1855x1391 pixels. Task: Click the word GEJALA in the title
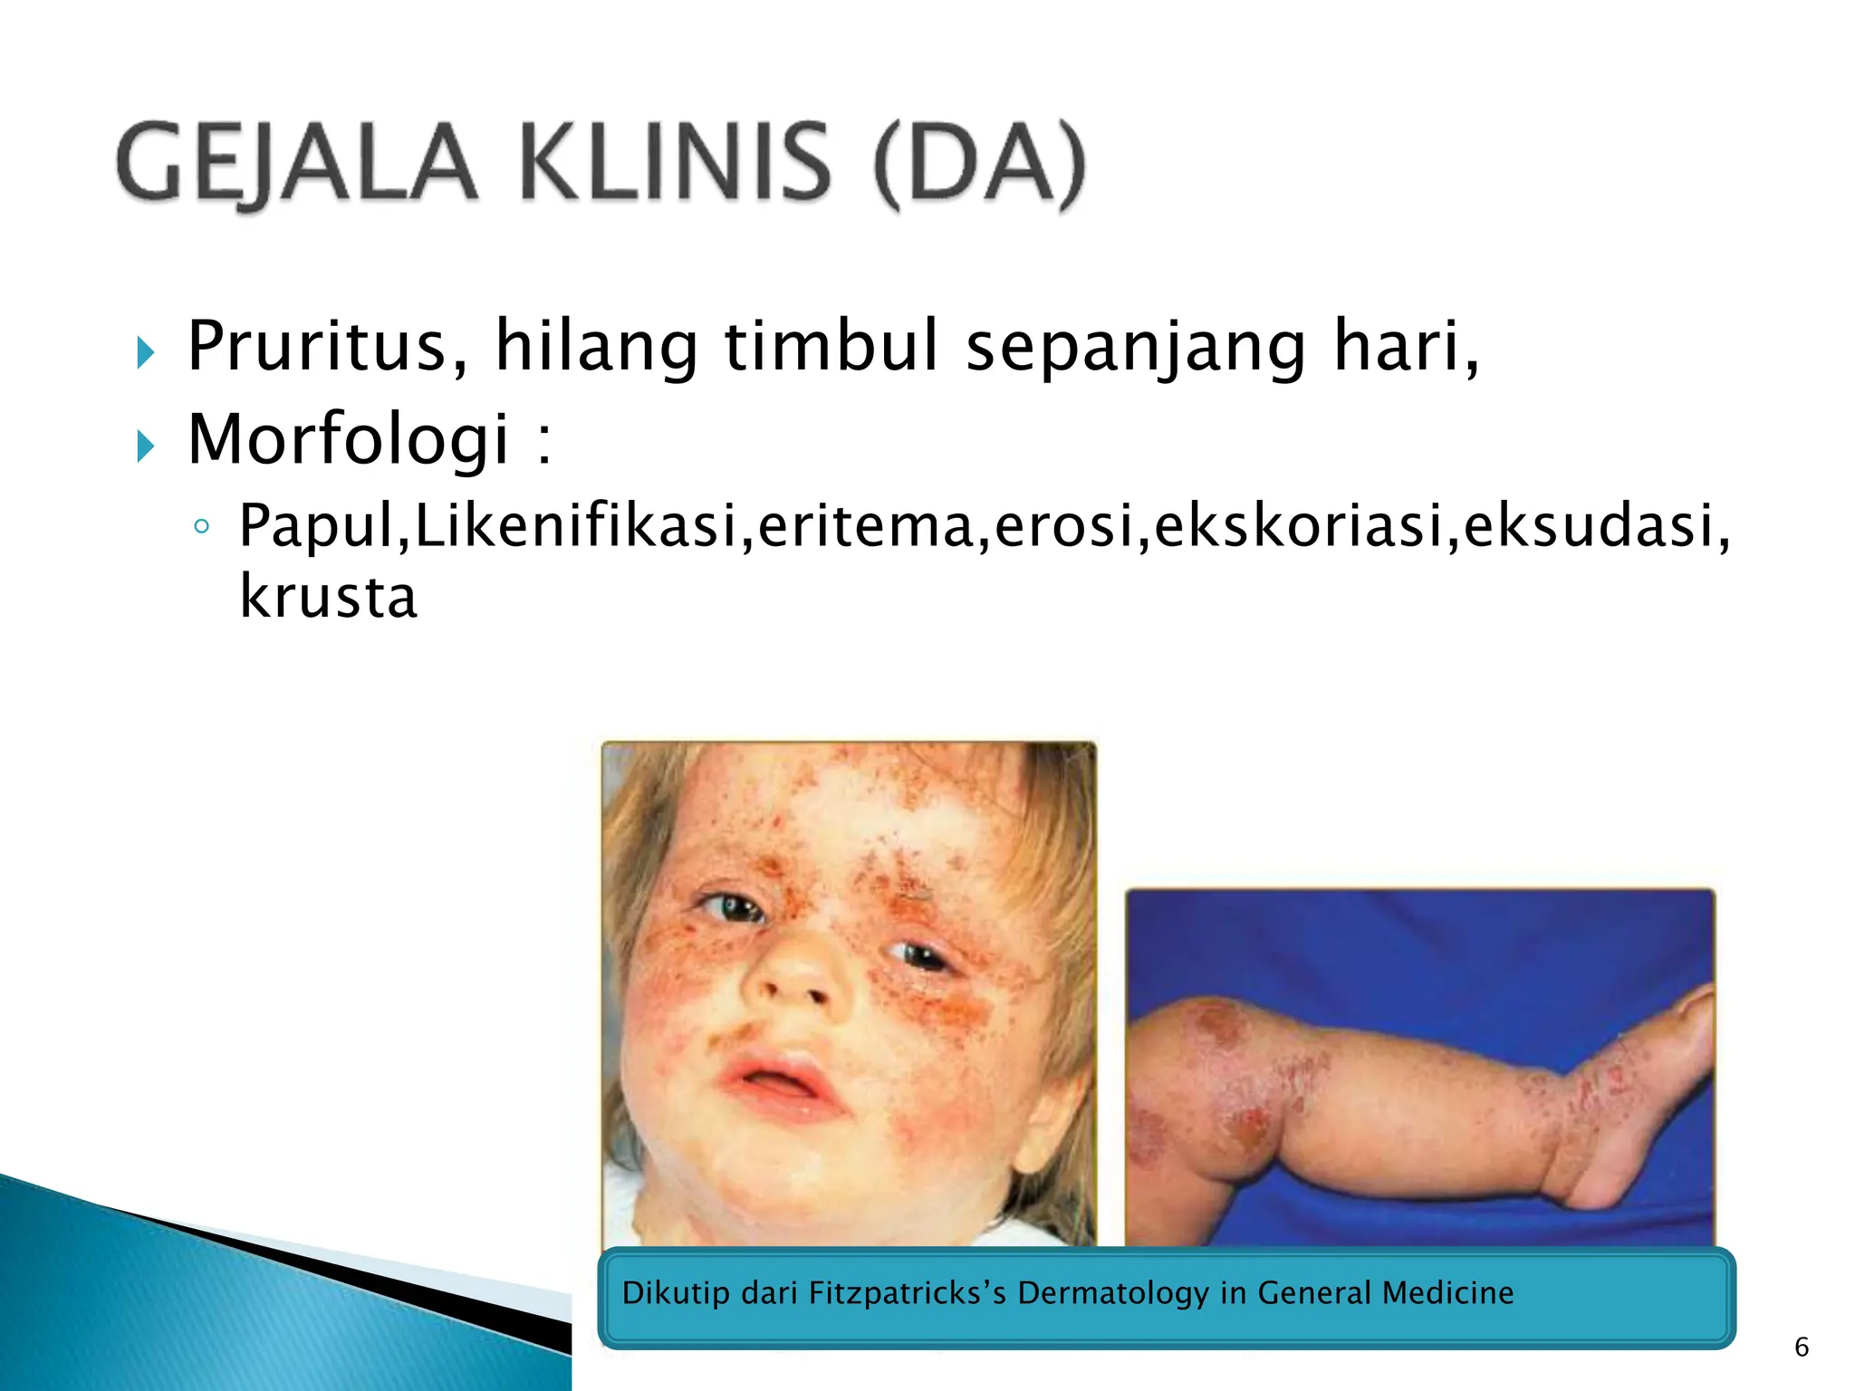tap(295, 164)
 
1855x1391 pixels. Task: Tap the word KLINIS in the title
tap(676, 164)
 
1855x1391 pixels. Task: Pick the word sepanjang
tap(1136, 349)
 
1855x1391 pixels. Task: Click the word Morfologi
tap(349, 440)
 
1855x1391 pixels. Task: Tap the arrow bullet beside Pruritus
tap(145, 352)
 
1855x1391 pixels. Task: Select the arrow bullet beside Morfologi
tap(145, 446)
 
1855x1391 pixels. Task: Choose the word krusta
tap(328, 598)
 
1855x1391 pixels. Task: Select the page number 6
tap(1802, 1347)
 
